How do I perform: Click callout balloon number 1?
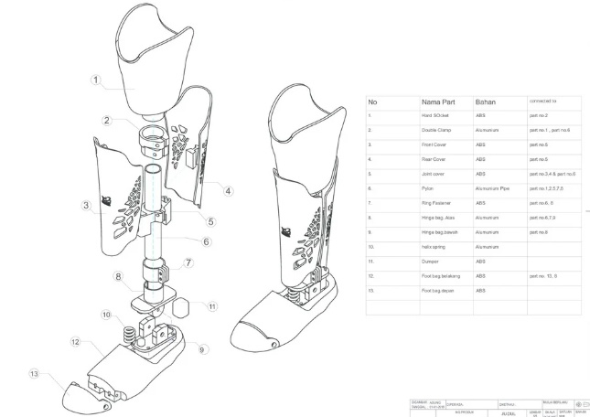point(95,80)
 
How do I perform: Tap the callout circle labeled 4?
point(229,190)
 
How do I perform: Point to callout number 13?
point(34,373)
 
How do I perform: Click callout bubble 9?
point(201,348)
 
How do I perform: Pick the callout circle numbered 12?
point(76,342)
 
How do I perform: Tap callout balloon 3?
point(85,206)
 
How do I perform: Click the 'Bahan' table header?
point(485,101)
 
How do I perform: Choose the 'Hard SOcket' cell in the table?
point(435,116)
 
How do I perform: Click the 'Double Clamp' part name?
point(436,131)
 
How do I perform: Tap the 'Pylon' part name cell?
point(427,188)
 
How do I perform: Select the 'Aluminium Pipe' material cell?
point(495,188)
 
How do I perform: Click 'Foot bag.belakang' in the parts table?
point(440,275)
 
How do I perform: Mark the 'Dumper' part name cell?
point(430,262)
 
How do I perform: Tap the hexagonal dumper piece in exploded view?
point(181,305)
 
